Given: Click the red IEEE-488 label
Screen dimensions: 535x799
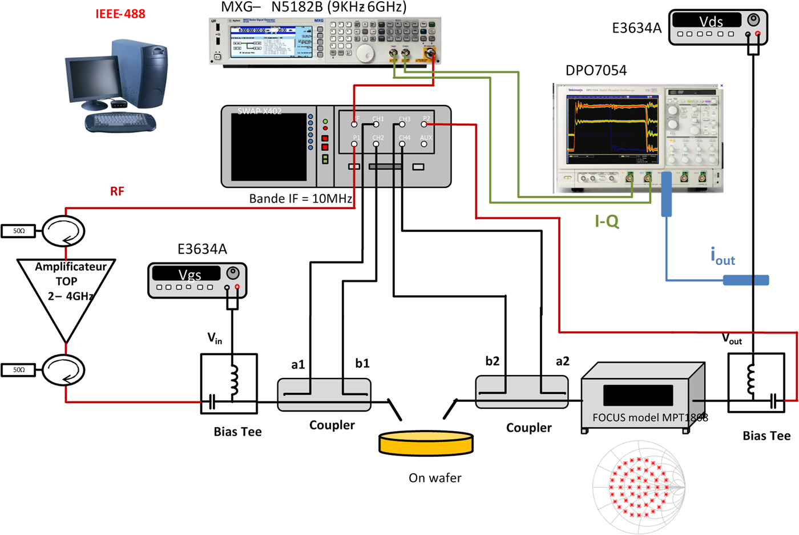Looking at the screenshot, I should click(x=120, y=14).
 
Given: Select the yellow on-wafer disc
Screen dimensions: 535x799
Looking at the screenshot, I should click(x=426, y=443).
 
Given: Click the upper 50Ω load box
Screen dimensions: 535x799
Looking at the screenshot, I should click(x=18, y=231).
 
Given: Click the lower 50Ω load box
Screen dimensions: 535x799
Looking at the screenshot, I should click(x=18, y=370).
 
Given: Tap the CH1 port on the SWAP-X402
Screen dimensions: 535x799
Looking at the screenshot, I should click(x=376, y=124).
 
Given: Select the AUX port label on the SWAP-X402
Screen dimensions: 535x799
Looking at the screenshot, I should click(x=426, y=138).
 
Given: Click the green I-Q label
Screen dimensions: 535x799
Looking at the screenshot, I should click(x=607, y=222).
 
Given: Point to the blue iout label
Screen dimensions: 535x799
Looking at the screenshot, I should click(x=723, y=256).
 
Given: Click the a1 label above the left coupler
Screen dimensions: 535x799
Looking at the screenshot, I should click(x=298, y=365).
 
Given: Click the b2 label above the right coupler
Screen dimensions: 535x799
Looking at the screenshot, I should click(x=492, y=361).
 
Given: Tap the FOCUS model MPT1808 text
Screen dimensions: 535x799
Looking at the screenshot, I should click(x=649, y=417).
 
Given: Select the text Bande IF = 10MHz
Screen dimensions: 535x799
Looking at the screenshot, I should click(x=301, y=199).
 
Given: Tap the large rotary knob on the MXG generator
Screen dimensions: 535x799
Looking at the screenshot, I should click(x=364, y=53).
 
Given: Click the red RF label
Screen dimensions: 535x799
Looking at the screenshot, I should click(x=117, y=191).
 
